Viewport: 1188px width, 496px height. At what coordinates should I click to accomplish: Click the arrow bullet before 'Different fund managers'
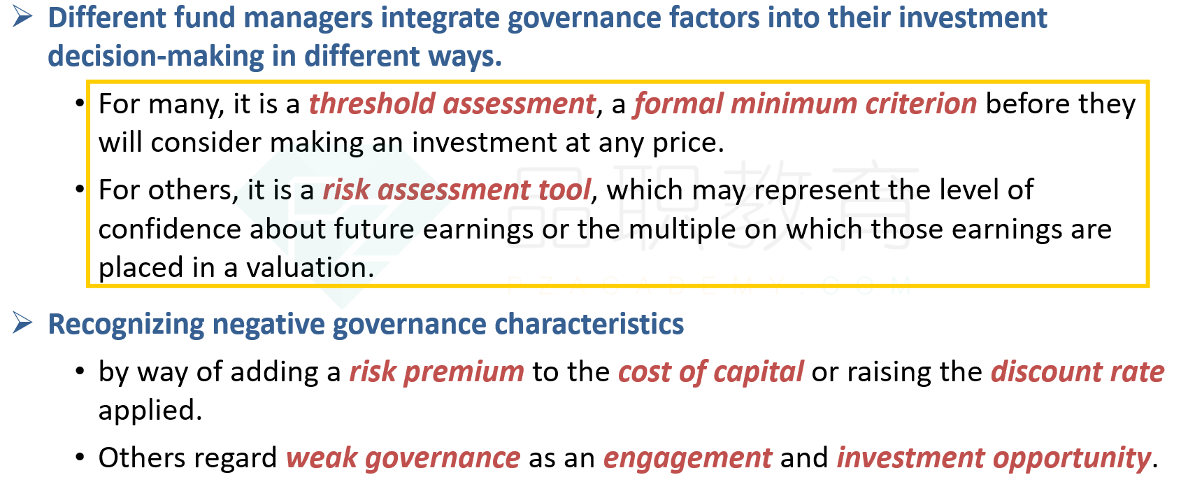pyautogui.click(x=22, y=17)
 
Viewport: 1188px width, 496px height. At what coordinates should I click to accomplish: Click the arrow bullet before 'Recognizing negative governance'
pyautogui.click(x=22, y=323)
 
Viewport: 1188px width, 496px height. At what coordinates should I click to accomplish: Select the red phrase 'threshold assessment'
pyautogui.click(x=452, y=104)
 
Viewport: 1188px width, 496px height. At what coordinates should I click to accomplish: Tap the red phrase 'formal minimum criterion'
pyautogui.click(x=805, y=104)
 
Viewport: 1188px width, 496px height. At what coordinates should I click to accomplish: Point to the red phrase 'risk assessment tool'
pyautogui.click(x=457, y=190)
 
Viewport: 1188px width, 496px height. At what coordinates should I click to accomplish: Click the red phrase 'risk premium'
pyautogui.click(x=437, y=371)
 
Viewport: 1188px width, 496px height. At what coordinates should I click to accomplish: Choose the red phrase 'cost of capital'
pyautogui.click(x=711, y=371)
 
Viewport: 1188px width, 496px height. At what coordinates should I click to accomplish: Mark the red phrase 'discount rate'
pyautogui.click(x=1078, y=371)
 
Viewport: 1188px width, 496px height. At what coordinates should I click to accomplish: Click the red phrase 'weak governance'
pyautogui.click(x=403, y=458)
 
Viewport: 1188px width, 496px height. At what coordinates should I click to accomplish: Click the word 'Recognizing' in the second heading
pyautogui.click(x=127, y=325)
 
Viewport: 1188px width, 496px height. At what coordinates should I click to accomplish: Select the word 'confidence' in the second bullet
pyautogui.click(x=170, y=229)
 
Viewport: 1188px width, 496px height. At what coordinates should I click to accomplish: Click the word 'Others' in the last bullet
pyautogui.click(x=138, y=458)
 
